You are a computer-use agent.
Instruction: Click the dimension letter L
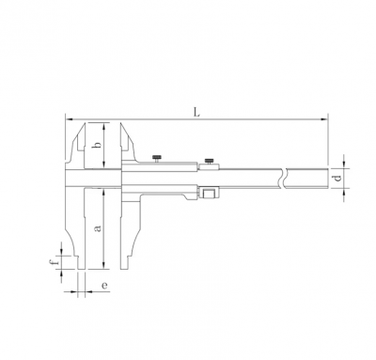click(196, 113)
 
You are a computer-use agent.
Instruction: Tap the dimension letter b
click(98, 145)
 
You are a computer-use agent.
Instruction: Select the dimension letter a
click(98, 228)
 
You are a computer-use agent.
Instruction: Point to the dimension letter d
click(337, 179)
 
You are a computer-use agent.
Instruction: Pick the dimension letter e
click(104, 286)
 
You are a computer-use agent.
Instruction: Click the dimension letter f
click(55, 260)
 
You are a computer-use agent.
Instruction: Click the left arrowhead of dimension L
click(69, 119)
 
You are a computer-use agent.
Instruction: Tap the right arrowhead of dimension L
click(324, 119)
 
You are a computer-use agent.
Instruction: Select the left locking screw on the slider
click(156, 158)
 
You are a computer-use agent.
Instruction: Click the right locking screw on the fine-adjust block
click(210, 161)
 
